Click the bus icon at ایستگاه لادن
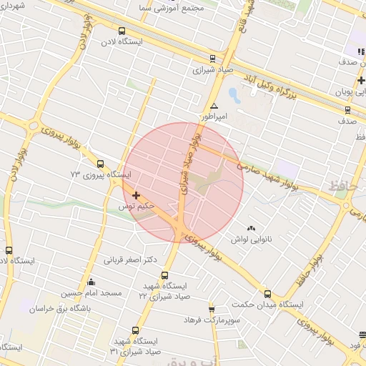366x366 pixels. [x=122, y=31]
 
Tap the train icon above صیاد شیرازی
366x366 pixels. [x=212, y=59]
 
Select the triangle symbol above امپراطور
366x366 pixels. [x=214, y=105]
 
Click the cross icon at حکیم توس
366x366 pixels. [x=136, y=194]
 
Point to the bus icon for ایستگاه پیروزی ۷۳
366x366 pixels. [x=99, y=163]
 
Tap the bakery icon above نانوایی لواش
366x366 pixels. [x=251, y=229]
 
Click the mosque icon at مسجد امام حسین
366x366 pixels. [x=90, y=282]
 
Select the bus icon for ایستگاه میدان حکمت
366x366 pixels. [x=267, y=293]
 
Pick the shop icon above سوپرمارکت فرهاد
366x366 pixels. [x=212, y=309]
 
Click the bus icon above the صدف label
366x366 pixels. [x=347, y=109]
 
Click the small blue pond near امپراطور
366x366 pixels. [x=234, y=94]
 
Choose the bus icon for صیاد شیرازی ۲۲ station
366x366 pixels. [x=165, y=275]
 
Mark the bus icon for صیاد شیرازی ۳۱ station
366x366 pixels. [x=136, y=331]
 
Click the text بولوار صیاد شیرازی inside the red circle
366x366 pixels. [x=188, y=166]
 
